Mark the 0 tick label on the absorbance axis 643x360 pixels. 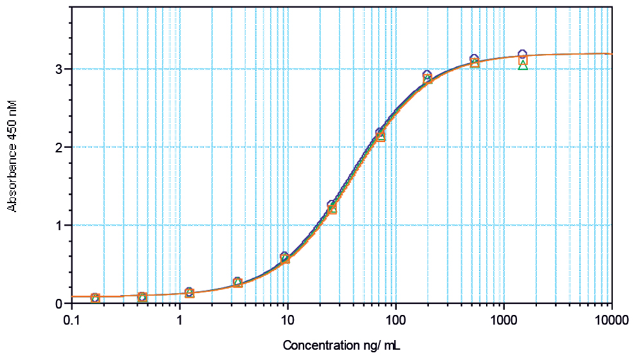tap(59, 303)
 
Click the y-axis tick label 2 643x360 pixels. tap(59, 147)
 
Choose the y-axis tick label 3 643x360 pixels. tap(59, 69)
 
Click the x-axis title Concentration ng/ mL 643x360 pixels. tap(341, 346)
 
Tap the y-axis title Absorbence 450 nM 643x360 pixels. tap(12, 155)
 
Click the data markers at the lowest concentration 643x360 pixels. tap(95, 298)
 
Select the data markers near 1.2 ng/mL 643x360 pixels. tap(190, 292)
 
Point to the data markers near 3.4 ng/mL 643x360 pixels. tap(238, 282)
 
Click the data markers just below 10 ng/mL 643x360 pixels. tap(285, 258)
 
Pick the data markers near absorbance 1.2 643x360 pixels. tap(332, 208)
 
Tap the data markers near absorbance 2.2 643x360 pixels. tap(380, 134)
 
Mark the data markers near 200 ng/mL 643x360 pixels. tap(428, 78)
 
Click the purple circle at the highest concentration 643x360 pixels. tap(522, 54)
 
